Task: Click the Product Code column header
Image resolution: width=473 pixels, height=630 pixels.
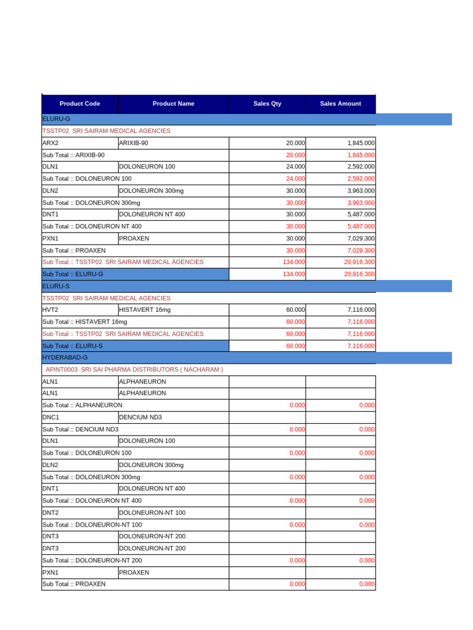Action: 80,103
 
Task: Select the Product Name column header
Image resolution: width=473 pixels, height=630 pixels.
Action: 174,103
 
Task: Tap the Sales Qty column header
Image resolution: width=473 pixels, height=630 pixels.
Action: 267,103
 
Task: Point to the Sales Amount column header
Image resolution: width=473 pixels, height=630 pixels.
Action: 341,103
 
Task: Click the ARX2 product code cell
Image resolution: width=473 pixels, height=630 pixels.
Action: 79,143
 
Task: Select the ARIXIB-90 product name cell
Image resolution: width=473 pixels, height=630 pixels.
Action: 173,143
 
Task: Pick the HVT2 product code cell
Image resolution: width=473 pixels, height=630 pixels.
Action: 79,309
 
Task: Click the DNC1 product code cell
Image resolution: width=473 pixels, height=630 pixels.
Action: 79,417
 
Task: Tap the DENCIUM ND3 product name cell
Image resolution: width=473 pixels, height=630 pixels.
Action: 173,417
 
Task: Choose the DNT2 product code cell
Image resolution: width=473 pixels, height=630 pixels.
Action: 79,512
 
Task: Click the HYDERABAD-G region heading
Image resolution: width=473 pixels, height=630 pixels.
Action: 65,357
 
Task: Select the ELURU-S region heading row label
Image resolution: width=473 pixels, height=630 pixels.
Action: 56,286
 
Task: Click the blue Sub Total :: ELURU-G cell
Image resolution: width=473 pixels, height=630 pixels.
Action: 135,274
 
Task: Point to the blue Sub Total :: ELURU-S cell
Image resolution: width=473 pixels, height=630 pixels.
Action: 135,346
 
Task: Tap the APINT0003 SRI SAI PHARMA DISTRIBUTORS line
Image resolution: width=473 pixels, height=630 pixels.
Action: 134,369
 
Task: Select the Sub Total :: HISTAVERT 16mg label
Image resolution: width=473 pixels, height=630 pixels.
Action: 84,322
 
